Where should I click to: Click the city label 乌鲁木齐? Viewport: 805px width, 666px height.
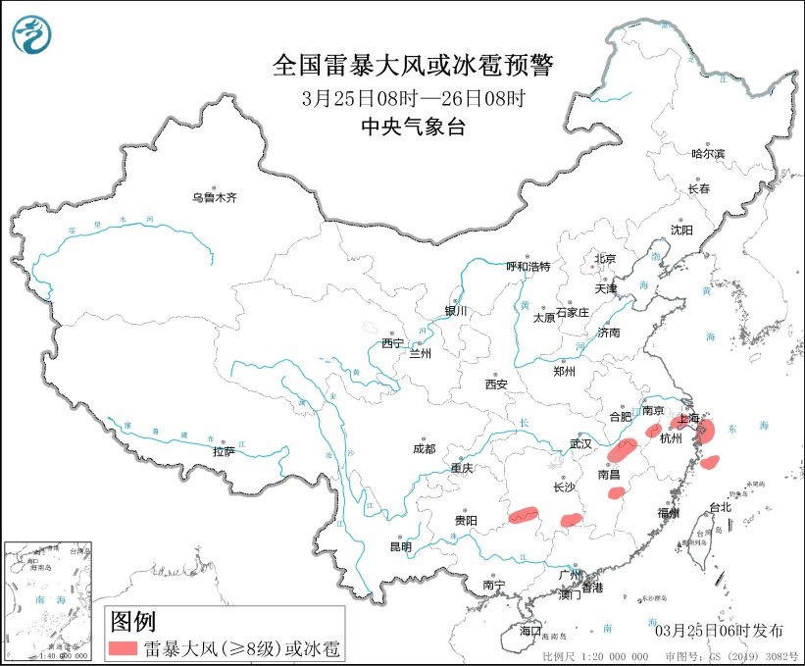point(214,197)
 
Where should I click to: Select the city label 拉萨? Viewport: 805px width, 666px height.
point(224,452)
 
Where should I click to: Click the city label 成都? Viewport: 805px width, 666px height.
point(424,449)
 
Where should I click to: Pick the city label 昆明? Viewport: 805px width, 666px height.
point(402,546)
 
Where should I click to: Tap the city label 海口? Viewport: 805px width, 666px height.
point(531,629)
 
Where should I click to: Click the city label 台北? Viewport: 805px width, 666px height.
point(720,507)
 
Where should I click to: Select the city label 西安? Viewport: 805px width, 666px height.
point(496,385)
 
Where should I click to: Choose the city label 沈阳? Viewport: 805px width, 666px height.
point(680,230)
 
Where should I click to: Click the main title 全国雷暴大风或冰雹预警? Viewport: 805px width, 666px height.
point(413,67)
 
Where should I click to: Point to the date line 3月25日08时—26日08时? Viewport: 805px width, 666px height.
point(413,98)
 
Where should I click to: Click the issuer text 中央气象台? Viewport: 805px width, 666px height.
point(413,126)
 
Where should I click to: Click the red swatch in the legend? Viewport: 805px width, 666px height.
point(123,647)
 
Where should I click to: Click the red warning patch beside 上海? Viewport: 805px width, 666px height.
point(709,431)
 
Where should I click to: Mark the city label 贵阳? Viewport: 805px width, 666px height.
point(465,520)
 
